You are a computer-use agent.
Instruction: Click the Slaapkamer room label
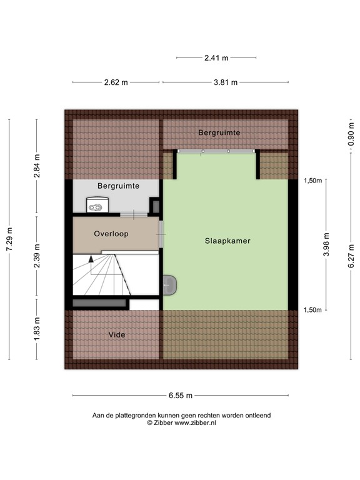pos(224,240)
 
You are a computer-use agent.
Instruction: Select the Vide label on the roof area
pos(116,335)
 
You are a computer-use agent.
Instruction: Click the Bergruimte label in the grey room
pos(118,186)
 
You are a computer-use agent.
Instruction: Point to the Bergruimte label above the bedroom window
pos(219,133)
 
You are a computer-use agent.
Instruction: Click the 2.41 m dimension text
pos(216,58)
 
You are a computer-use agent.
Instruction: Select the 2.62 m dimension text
pos(116,82)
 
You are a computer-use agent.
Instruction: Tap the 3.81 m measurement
pos(224,82)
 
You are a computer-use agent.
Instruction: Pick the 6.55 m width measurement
pos(180,396)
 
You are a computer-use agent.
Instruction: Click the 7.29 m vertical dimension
pos(9,239)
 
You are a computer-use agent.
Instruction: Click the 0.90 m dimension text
pos(351,134)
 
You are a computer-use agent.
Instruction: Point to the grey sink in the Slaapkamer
pos(171,284)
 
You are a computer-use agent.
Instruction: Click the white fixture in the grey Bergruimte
pos(97,204)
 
